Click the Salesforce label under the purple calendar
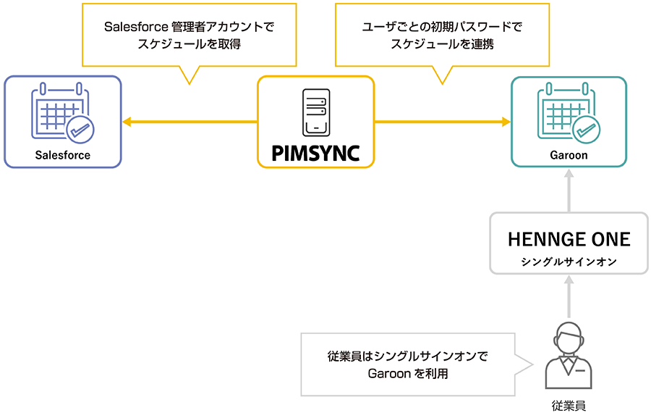(x=63, y=155)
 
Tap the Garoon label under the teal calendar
(x=569, y=155)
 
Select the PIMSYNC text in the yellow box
(x=315, y=153)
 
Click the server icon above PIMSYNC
(x=316, y=112)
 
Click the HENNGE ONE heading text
(x=569, y=239)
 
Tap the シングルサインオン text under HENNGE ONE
(x=569, y=262)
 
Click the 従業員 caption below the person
(x=569, y=406)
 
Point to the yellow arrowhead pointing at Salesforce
(x=127, y=122)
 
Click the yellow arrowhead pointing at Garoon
(x=506, y=122)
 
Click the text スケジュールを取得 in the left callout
(x=189, y=44)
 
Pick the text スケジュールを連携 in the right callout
(x=441, y=44)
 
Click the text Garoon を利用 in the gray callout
(x=408, y=374)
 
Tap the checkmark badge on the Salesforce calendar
(x=80, y=130)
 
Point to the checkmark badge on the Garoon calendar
(x=586, y=130)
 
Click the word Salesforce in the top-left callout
(x=131, y=27)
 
